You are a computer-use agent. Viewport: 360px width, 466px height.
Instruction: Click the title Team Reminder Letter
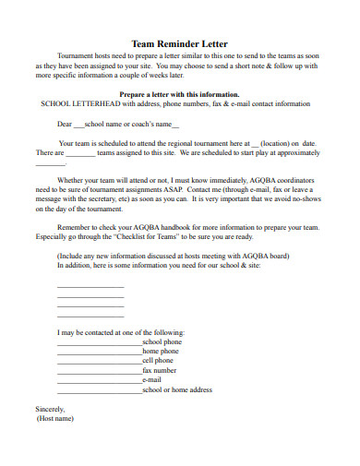[x=180, y=43]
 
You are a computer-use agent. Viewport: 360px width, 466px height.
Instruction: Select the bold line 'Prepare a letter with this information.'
[x=180, y=94]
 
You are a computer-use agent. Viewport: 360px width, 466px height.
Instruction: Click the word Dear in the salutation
[x=65, y=123]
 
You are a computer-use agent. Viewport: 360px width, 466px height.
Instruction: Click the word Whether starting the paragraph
[x=73, y=179]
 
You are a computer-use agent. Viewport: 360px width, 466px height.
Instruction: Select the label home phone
[x=161, y=351]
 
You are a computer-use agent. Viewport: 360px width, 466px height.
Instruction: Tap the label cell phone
[x=158, y=360]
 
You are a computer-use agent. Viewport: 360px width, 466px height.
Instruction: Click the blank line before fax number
[x=99, y=371]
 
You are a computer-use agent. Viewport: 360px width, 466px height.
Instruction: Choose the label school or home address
[x=177, y=389]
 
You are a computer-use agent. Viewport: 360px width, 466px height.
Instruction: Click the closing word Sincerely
[x=50, y=408]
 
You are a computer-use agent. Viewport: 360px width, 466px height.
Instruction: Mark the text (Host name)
[x=54, y=418]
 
